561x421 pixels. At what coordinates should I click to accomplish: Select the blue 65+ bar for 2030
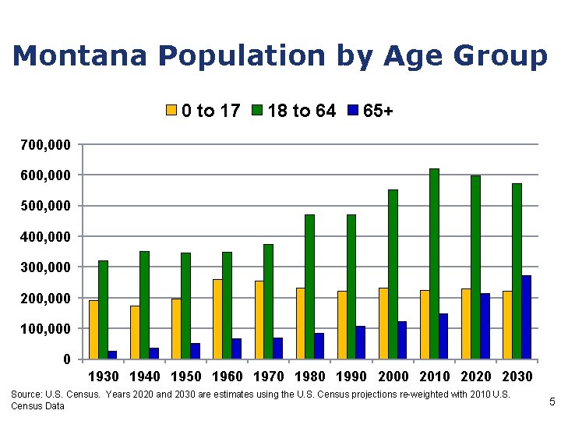point(526,317)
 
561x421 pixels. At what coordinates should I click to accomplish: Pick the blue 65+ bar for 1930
point(112,355)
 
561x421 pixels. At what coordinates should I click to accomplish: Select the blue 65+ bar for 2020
point(485,326)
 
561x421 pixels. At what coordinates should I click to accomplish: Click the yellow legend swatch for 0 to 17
point(171,111)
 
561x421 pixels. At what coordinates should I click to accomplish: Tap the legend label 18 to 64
point(302,111)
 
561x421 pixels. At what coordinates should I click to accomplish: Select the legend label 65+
point(378,111)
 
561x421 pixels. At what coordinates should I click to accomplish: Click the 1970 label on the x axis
point(268,377)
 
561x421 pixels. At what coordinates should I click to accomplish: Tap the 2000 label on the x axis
point(393,377)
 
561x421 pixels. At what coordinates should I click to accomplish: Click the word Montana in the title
point(82,56)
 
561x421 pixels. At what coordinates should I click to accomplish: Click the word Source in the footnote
point(26,395)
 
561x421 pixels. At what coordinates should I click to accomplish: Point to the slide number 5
point(552,402)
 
